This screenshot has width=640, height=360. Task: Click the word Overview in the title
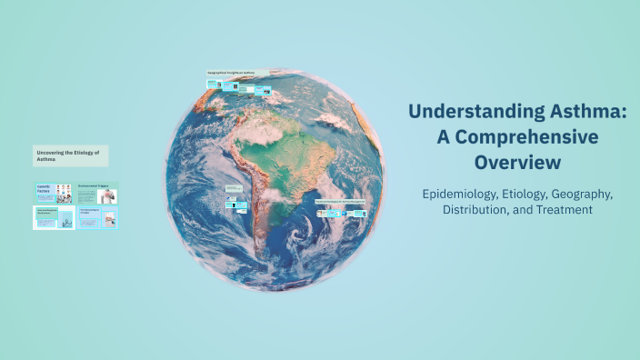pyautogui.click(x=517, y=163)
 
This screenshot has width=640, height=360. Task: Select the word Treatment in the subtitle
pyautogui.click(x=563, y=210)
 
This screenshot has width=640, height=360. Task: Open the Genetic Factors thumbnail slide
pyautogui.click(x=53, y=192)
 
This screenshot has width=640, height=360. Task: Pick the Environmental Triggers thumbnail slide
pyautogui.click(x=97, y=192)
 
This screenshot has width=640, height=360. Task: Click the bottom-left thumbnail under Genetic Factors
pyautogui.click(x=53, y=217)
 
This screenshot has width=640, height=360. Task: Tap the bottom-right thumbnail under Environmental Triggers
pyautogui.click(x=97, y=217)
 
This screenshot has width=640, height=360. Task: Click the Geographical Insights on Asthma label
pyautogui.click(x=231, y=72)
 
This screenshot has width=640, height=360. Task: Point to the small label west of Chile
pyautogui.click(x=234, y=188)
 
